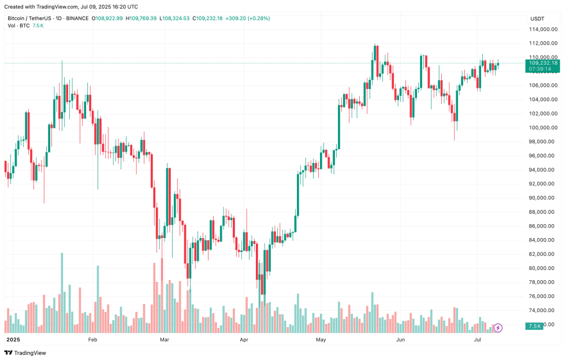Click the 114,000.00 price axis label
(x=543, y=29)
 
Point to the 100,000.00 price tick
(x=543, y=128)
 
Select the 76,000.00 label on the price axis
(x=543, y=296)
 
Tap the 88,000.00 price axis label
(x=543, y=212)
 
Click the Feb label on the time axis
(x=92, y=340)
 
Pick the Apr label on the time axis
(x=243, y=340)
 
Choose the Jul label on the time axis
(x=478, y=340)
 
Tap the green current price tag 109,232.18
(x=542, y=62)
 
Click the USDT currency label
(x=537, y=18)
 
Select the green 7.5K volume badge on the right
(x=534, y=326)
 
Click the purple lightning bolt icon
(x=498, y=328)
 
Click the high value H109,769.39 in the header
(x=141, y=18)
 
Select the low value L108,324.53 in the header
(x=176, y=18)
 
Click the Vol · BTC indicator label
(x=18, y=25)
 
